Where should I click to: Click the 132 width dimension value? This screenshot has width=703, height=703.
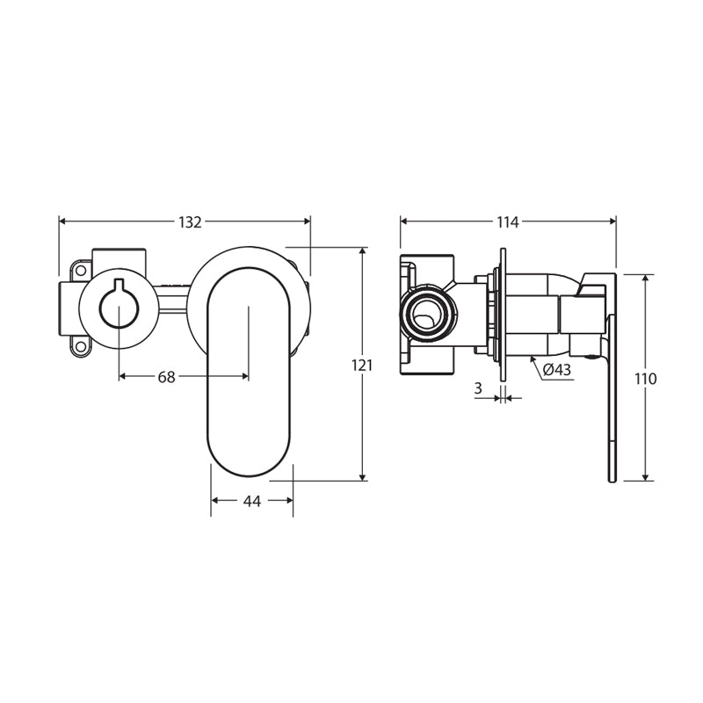190,222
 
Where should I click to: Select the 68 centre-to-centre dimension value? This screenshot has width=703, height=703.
166,377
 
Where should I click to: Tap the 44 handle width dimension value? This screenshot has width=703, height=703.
252,501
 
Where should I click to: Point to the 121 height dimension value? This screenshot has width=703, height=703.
362,366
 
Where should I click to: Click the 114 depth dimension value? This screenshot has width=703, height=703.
507,222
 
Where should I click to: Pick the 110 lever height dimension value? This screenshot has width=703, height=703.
646,379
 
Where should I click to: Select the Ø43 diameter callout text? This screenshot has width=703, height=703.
557,369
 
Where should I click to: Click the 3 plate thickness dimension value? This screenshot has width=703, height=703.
478,388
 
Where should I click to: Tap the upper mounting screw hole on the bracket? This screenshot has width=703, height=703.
81,271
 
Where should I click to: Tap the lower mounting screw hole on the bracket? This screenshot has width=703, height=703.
81,346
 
